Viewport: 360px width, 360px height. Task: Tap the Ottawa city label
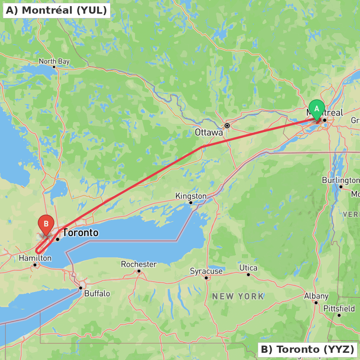coord(209,132)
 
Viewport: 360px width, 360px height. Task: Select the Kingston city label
coord(191,196)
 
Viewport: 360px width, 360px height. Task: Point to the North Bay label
coord(54,61)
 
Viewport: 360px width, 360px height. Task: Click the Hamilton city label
coord(35,258)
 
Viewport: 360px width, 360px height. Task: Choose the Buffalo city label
coord(97,293)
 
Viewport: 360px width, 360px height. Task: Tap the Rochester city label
coord(139,264)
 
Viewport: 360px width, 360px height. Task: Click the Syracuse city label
coord(206,271)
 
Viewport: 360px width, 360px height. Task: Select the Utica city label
coord(248,268)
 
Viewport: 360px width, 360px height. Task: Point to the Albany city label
coord(316,296)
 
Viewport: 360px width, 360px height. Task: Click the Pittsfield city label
coord(339,309)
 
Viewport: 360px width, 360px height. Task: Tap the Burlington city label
coord(340,180)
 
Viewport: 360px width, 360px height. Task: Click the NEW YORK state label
coord(238,297)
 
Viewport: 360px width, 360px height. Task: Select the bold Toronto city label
coord(81,233)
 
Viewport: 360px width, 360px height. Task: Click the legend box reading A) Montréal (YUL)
coord(57,10)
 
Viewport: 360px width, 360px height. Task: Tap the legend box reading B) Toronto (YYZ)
coord(307,349)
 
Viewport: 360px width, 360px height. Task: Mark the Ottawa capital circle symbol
coord(227,126)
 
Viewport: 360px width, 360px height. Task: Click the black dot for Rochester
coord(139,271)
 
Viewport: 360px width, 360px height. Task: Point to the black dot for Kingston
coord(191,203)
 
